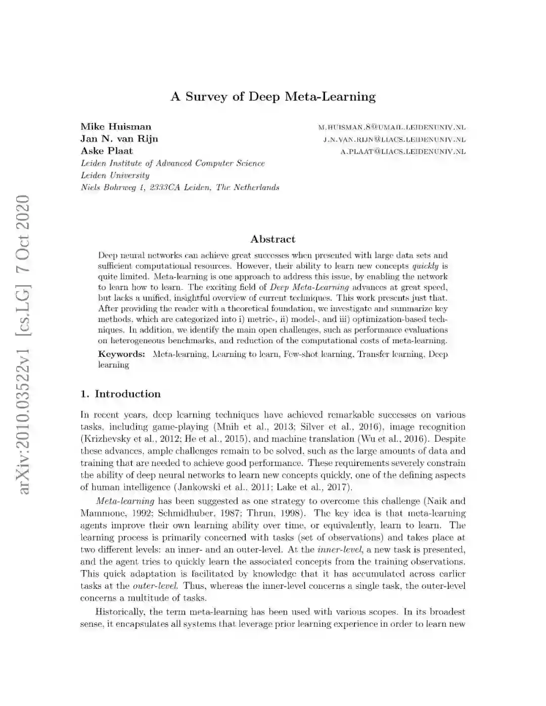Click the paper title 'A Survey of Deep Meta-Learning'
pyautogui.click(x=273, y=97)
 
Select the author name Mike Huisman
pyautogui.click(x=116, y=127)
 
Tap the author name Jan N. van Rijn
pyautogui.click(x=119, y=139)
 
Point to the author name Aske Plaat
pyautogui.click(x=107, y=151)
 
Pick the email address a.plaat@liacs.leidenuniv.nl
pyautogui.click(x=403, y=152)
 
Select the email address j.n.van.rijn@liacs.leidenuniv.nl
pyautogui.click(x=394, y=139)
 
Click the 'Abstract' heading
pyautogui.click(x=272, y=239)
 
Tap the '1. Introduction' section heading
pyautogui.click(x=120, y=394)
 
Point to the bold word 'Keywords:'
pyautogui.click(x=121, y=354)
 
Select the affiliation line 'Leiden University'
pyautogui.click(x=115, y=175)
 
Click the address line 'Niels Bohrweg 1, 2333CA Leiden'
pyautogui.click(x=180, y=187)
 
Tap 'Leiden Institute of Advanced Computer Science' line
pyautogui.click(x=173, y=163)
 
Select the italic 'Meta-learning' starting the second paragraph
pyautogui.click(x=125, y=501)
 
